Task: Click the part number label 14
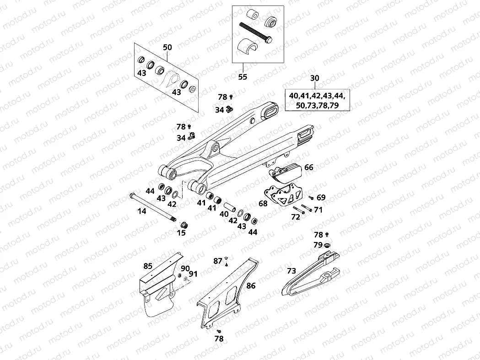pos(142,211)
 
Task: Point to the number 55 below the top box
pos(243,76)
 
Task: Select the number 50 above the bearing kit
pos(167,47)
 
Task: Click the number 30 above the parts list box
pos(315,78)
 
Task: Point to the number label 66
pos(309,167)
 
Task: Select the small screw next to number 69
pos(311,198)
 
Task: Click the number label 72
pos(295,217)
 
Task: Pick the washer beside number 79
pos(327,246)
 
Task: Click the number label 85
pos(148,266)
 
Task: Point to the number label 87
pos(218,261)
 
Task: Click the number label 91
pos(193,274)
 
